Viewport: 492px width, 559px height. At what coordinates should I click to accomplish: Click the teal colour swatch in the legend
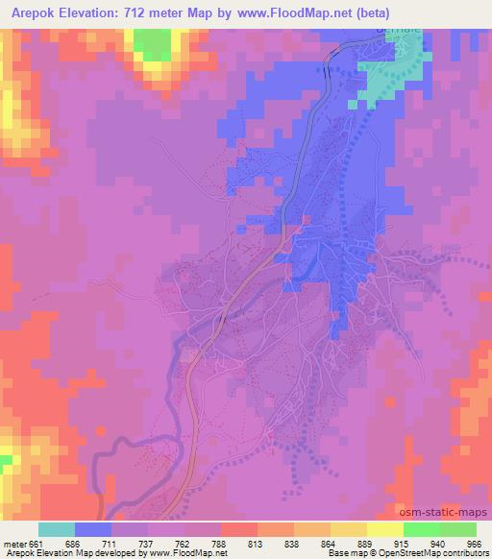[x=57, y=529]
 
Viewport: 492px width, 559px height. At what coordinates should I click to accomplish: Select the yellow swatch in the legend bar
[x=384, y=529]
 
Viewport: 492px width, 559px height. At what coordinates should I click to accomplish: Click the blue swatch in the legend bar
[x=93, y=529]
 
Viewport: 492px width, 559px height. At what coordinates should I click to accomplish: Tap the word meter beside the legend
[x=15, y=544]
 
